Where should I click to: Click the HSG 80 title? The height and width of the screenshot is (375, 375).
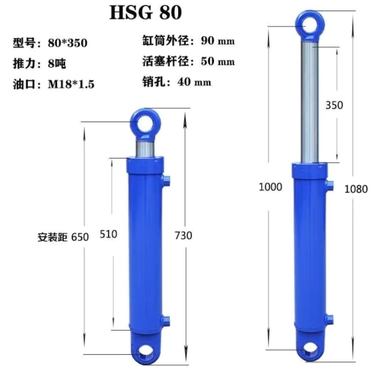[x=145, y=12]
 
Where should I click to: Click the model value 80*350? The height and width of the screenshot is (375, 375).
[x=68, y=43]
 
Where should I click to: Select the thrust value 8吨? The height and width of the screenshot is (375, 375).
[x=57, y=64]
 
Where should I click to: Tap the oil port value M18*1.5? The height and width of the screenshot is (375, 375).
[x=71, y=84]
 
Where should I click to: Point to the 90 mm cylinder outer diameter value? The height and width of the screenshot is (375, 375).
[x=218, y=41]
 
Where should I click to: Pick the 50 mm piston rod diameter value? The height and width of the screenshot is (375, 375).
[x=218, y=61]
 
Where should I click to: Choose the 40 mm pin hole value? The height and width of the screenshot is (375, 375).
[x=194, y=82]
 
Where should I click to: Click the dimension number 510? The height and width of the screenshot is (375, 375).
[x=108, y=234]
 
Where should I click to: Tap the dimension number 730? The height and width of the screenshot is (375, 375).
[x=183, y=235]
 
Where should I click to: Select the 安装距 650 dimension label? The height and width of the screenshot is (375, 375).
[x=63, y=237]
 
